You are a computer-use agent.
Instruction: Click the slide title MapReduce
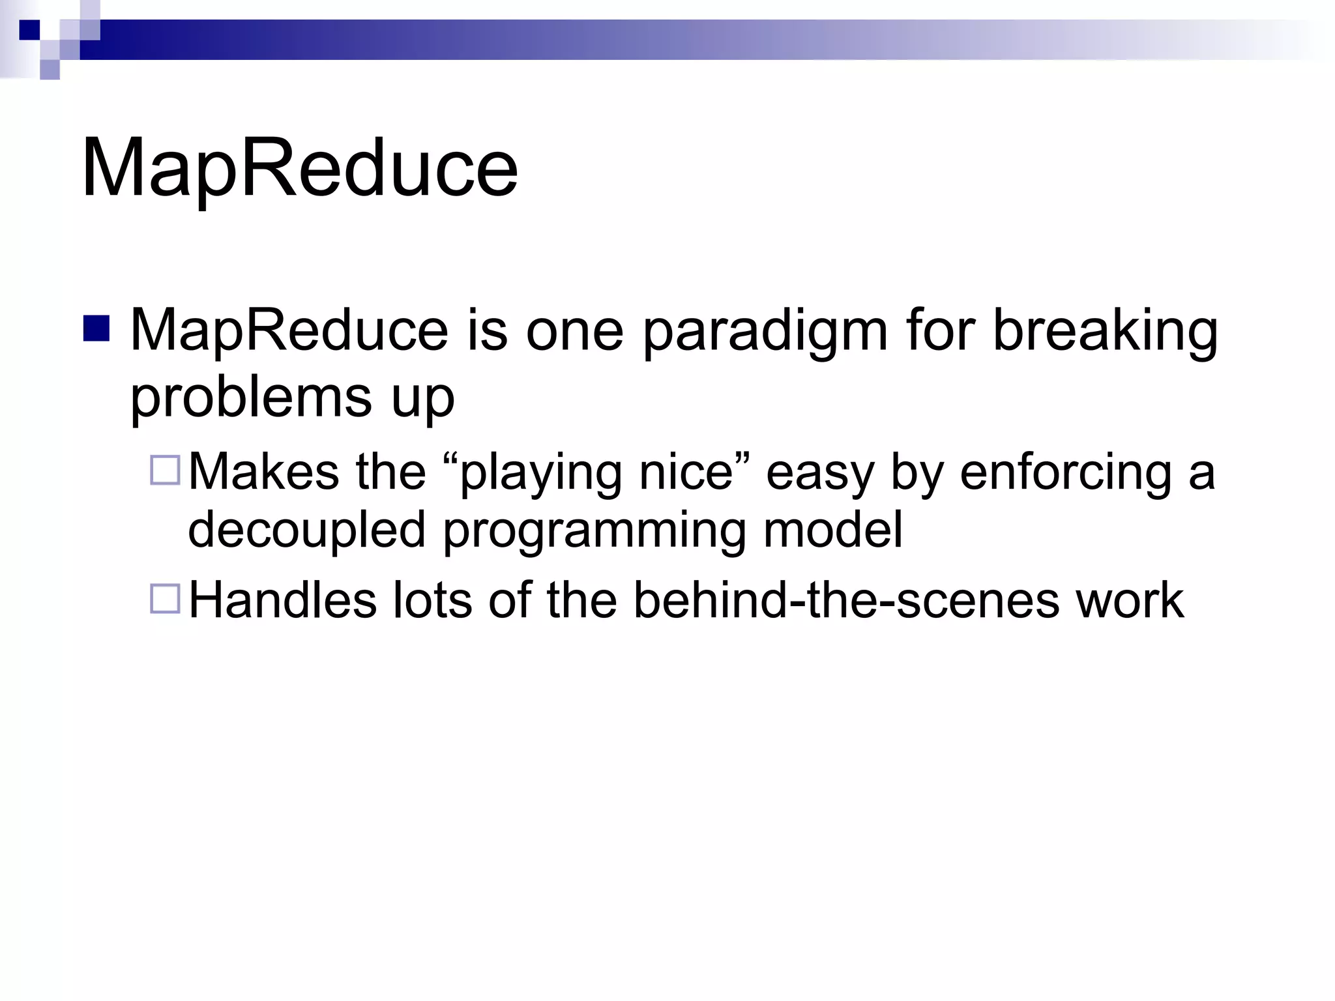coord(299,168)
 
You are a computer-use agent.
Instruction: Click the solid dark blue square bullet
coord(96,328)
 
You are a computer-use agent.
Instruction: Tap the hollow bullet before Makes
coord(165,470)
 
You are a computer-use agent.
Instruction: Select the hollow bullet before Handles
coord(165,598)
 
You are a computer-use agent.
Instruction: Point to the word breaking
coord(1105,331)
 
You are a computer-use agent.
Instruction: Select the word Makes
coord(263,471)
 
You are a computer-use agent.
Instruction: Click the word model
coord(832,529)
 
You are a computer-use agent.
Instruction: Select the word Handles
coord(282,600)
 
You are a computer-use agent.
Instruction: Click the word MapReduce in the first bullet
coord(289,330)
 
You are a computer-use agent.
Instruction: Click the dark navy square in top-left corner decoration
coord(29,30)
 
